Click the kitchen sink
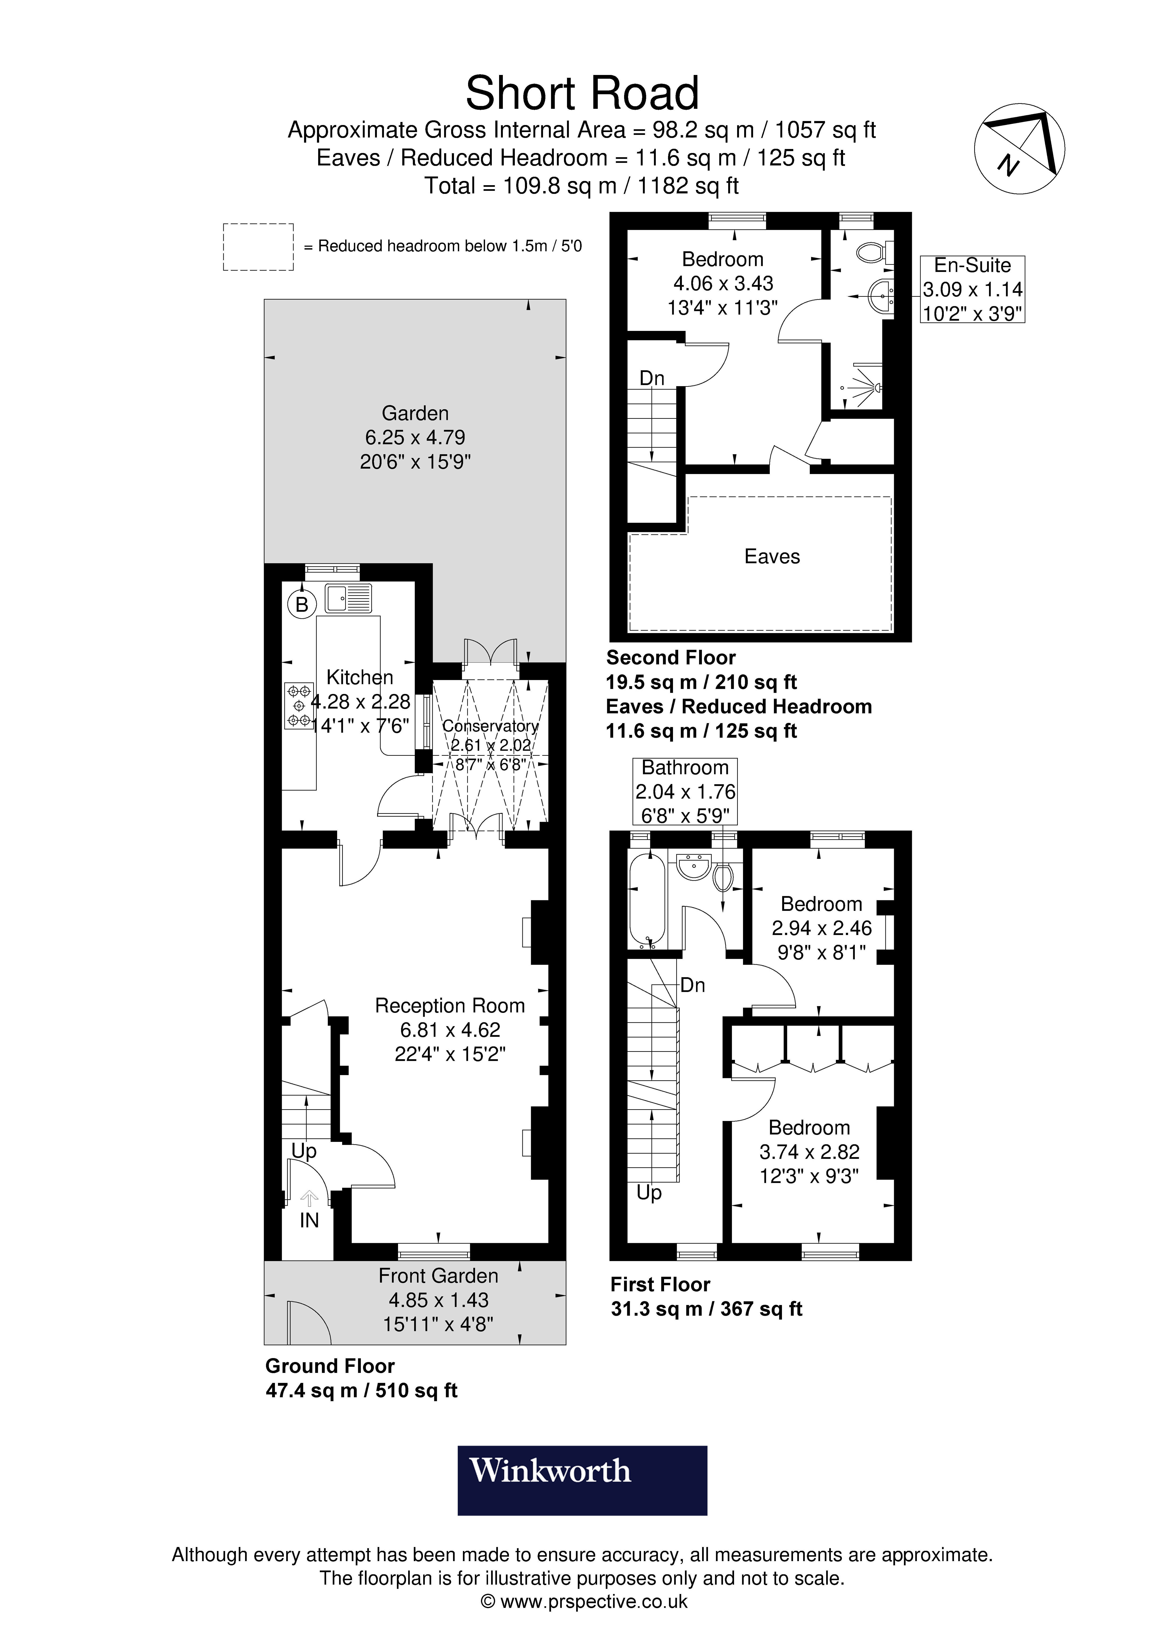click(x=348, y=598)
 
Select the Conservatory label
click(x=490, y=726)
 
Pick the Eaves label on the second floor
click(x=772, y=557)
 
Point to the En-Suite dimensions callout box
click(x=973, y=290)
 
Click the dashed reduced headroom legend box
click(x=258, y=247)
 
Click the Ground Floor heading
click(x=330, y=1366)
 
